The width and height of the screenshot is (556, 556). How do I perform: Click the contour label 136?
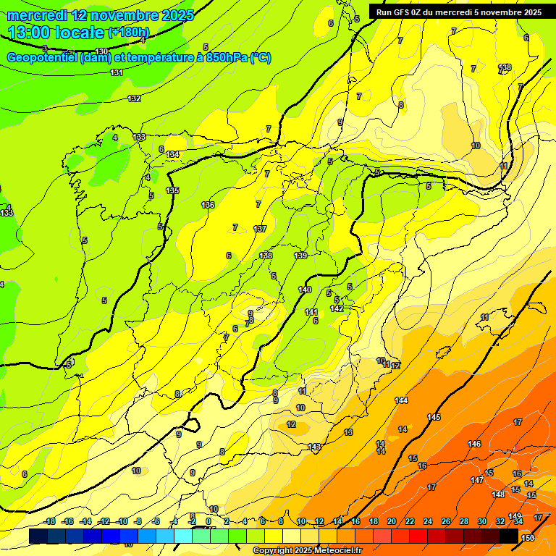208,205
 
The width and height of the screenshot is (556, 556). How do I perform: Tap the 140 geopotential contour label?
305,290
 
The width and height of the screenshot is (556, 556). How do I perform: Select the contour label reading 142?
337,308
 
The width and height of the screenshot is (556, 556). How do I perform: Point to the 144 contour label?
401,400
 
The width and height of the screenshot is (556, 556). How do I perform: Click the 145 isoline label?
434,417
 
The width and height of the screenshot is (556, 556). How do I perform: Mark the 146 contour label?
474,444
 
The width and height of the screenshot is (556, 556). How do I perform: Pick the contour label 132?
134,98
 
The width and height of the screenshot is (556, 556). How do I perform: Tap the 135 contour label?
172,190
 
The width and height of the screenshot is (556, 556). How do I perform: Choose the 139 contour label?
300,256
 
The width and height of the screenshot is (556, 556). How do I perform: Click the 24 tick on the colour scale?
427,521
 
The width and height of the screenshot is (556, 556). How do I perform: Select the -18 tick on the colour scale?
49,521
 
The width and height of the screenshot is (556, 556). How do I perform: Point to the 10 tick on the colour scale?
301,521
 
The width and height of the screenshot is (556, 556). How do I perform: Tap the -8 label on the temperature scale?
138,521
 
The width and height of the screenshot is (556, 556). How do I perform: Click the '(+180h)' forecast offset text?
128,33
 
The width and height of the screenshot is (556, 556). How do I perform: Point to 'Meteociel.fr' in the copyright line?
334,551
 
